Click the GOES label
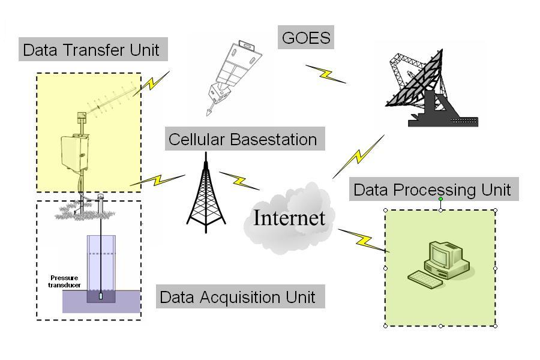[307, 38]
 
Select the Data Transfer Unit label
[91, 50]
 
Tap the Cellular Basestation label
[242, 139]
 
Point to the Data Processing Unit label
[432, 190]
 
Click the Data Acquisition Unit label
[238, 297]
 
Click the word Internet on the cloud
[289, 217]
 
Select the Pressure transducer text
[65, 281]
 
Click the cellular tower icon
[206, 195]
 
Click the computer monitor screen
[439, 256]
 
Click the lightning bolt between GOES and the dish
[326, 74]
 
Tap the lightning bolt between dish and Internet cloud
[358, 157]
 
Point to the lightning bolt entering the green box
[364, 240]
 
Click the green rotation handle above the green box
[441, 199]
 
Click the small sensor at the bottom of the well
[101, 296]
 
